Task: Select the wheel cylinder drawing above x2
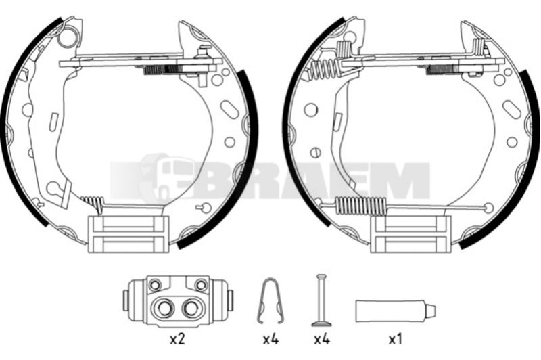[178, 300]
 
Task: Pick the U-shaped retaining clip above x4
[271, 301]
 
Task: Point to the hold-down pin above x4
[322, 300]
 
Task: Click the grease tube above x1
[396, 311]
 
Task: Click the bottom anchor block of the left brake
[128, 234]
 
